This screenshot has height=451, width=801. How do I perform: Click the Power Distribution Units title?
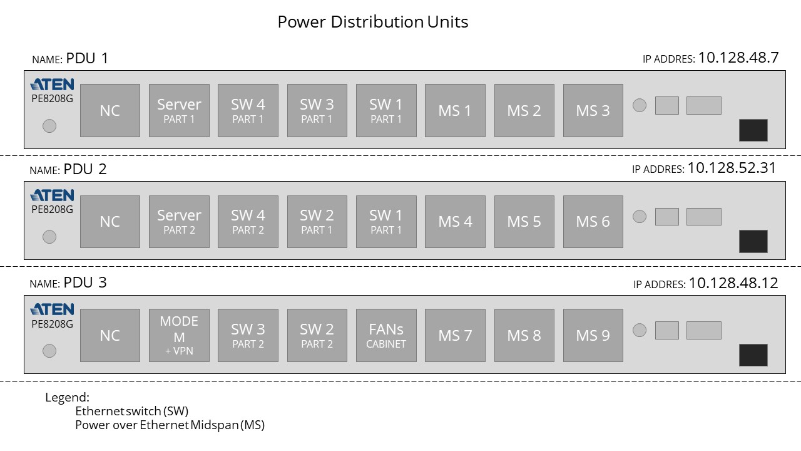373,23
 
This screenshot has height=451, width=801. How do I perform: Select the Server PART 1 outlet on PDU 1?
179,110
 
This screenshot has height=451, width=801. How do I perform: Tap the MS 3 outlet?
593,110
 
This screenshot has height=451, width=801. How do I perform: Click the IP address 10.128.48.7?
738,58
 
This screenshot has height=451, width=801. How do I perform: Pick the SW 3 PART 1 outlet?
317,110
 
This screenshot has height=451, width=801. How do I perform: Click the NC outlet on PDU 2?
110,221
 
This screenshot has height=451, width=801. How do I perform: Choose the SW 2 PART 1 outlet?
317,221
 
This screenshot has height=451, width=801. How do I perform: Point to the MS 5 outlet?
524,221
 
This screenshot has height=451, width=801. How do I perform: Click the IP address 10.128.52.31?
732,168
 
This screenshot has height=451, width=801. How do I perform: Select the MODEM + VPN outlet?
179,335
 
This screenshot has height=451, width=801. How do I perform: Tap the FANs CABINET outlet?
386,335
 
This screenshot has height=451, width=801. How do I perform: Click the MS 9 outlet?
593,335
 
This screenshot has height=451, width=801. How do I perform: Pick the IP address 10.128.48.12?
733,283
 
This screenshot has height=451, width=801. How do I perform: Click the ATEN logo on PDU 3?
52,309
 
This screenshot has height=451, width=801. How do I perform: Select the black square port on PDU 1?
753,130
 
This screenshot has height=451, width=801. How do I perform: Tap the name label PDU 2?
85,169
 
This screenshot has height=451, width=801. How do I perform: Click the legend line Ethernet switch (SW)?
131,412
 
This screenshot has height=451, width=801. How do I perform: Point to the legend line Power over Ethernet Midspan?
170,425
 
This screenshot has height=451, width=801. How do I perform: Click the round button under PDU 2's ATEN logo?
49,237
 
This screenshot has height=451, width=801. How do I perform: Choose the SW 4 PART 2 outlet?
248,221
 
